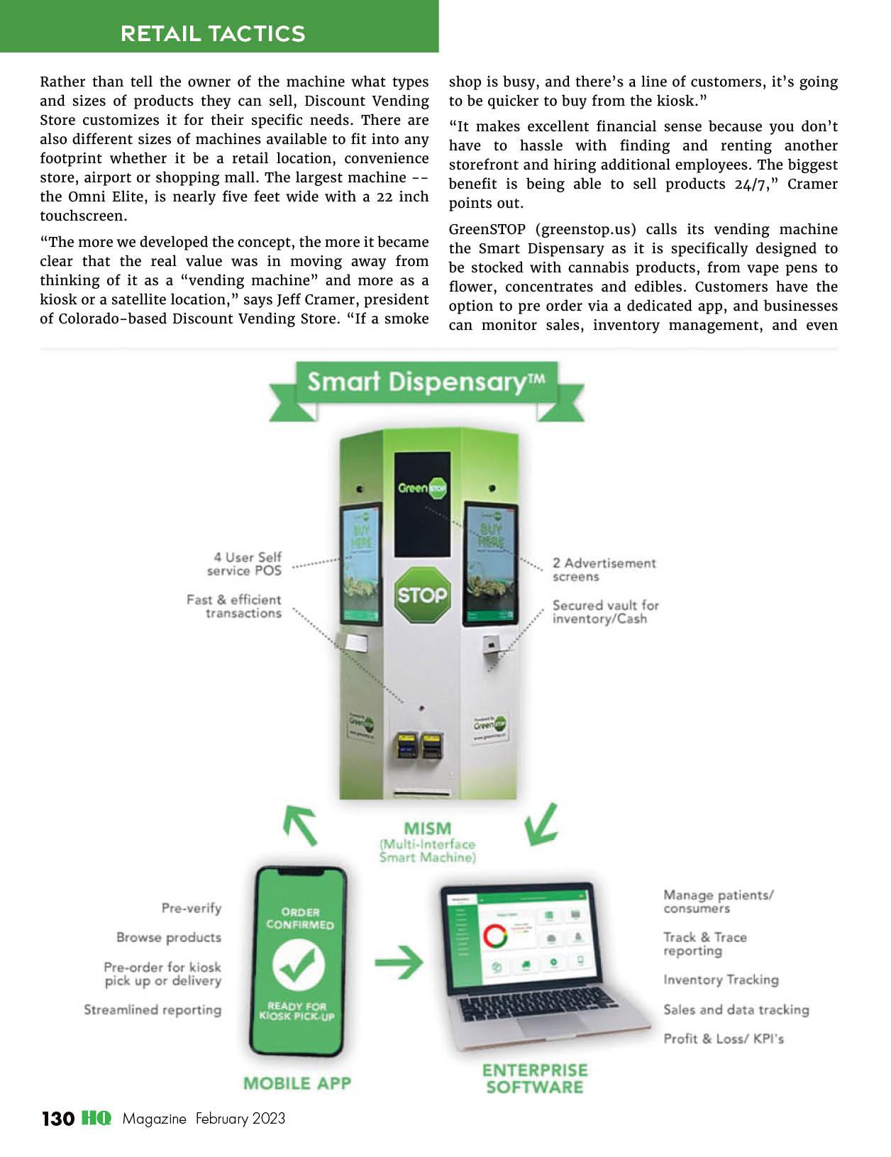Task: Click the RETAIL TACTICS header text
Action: click(213, 33)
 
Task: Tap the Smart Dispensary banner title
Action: click(426, 382)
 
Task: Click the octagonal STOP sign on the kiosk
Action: click(422, 594)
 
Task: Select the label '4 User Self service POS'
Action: click(245, 564)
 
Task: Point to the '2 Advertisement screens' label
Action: click(604, 570)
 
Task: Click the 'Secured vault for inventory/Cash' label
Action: click(605, 612)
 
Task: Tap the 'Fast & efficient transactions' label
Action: click(234, 607)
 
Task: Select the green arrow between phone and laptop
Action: click(398, 963)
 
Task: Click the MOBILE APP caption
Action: click(297, 1083)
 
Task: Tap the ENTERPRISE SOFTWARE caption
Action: click(535, 1078)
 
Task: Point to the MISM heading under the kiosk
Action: click(427, 829)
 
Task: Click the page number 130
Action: click(58, 1119)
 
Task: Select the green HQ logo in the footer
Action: click(96, 1119)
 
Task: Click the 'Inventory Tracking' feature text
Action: click(721, 980)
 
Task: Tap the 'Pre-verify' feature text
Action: click(192, 908)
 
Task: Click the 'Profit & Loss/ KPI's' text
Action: click(724, 1039)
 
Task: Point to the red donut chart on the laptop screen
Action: click(495, 936)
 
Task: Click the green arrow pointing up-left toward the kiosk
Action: click(300, 825)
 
